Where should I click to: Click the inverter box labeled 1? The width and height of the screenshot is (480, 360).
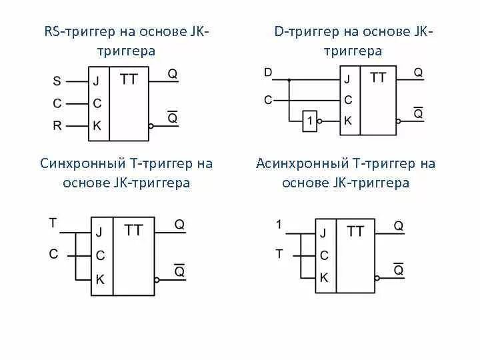click(x=310, y=121)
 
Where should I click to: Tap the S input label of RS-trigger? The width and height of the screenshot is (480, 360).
click(x=57, y=82)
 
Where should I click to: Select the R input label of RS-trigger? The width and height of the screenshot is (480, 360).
click(x=57, y=125)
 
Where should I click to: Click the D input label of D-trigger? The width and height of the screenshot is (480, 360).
click(x=268, y=72)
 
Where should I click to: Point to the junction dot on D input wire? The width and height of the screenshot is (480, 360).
click(x=290, y=79)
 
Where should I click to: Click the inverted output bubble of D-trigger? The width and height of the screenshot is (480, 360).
click(x=399, y=121)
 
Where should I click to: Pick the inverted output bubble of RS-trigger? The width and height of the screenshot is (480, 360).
click(x=151, y=125)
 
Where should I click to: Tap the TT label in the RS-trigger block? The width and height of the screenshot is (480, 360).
click(x=129, y=79)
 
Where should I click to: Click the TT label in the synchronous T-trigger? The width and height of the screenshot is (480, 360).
click(x=133, y=230)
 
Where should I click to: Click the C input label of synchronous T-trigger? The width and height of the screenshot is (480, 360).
click(x=53, y=253)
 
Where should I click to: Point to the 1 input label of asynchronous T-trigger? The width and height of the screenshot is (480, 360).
click(x=279, y=225)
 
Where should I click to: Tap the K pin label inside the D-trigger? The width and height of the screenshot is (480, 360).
click(x=347, y=121)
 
